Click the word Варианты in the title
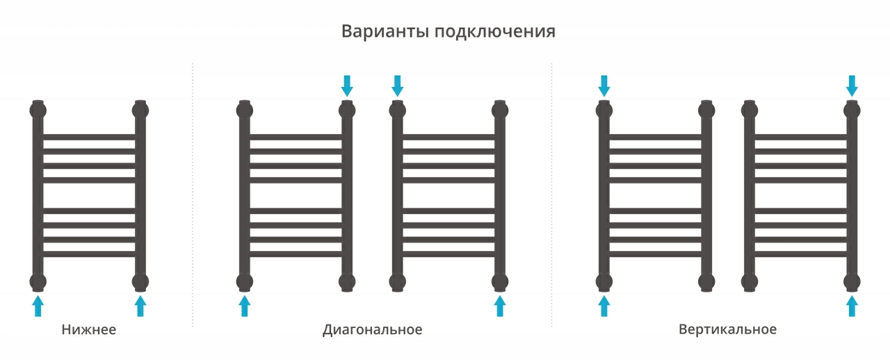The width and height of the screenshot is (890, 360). pos(385,31)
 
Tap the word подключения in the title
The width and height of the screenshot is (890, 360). pos(494,32)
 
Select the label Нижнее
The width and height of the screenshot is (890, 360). pos(88,329)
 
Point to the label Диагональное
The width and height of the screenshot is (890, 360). pos(372,330)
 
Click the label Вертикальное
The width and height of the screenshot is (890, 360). pos(727,329)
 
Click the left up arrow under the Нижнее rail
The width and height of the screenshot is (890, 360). pos(38,306)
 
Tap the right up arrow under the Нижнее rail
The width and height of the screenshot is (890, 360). pos(140,306)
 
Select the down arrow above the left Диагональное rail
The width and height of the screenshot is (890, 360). pos(347,85)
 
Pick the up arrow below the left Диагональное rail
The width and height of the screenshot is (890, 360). pos(245,306)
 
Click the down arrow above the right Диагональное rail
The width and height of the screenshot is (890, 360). pos(397,85)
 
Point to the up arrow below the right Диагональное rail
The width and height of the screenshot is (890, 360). pos(500,306)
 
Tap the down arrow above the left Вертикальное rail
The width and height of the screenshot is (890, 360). pos(604,85)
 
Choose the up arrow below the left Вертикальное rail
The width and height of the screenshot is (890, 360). pos(604,306)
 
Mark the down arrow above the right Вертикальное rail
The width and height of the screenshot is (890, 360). pos(852,85)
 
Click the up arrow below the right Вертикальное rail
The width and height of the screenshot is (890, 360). pos(852,306)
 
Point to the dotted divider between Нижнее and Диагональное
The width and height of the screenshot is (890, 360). pos(193,195)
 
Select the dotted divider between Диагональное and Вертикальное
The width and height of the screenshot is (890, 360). pos(551,195)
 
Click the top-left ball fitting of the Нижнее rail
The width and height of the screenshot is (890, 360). pos(38,110)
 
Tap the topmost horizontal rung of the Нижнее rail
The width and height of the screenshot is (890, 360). pos(89,137)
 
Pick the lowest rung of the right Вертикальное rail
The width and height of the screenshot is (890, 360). pos(800,254)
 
